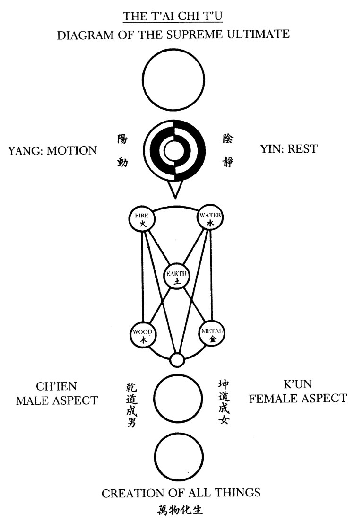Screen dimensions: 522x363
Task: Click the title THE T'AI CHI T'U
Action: tap(173, 17)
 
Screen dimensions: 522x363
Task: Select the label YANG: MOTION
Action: tap(52, 150)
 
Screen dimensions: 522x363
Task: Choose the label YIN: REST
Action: tap(289, 149)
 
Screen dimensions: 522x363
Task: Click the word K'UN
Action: tap(297, 383)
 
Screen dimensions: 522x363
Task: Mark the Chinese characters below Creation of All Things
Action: tap(180, 511)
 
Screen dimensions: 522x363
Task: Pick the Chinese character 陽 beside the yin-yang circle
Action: tap(122, 139)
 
